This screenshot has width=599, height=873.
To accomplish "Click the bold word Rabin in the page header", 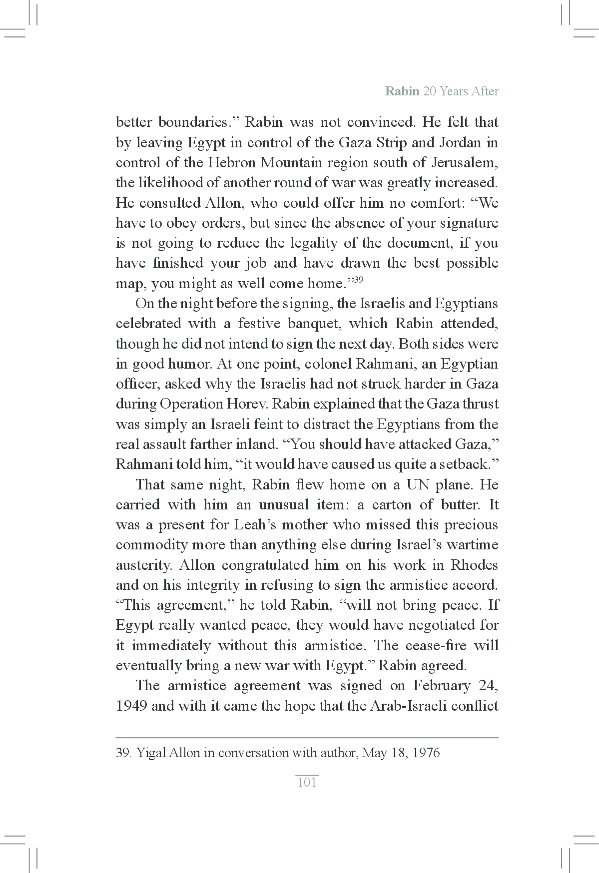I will click(402, 91).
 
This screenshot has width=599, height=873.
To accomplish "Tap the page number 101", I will click(307, 782).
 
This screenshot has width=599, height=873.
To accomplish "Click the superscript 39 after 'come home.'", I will click(358, 280).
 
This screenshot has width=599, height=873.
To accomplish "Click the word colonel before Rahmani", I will click(327, 364).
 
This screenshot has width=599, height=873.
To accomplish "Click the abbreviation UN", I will click(419, 484).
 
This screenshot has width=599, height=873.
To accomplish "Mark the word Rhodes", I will click(474, 565).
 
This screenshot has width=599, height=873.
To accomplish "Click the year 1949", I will click(131, 706).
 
